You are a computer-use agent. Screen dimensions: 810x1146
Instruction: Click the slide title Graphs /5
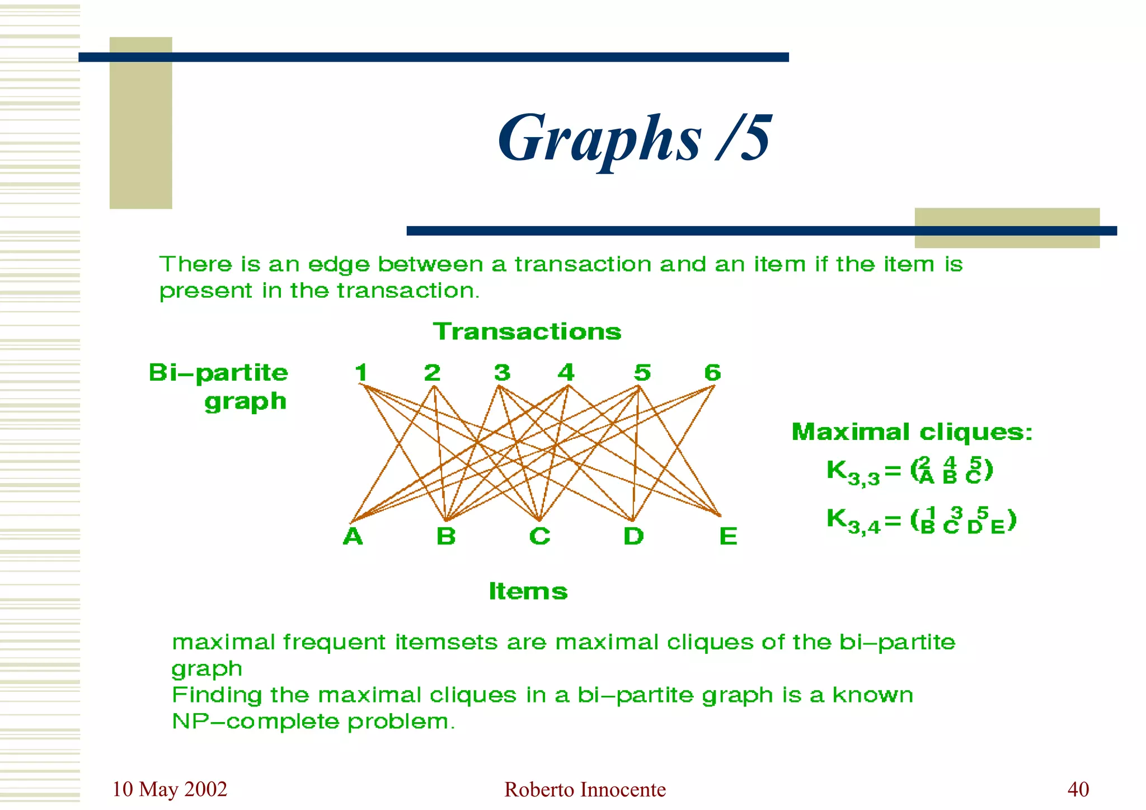click(x=635, y=138)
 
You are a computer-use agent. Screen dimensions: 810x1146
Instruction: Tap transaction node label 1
click(x=361, y=373)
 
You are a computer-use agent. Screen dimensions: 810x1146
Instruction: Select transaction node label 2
click(x=432, y=373)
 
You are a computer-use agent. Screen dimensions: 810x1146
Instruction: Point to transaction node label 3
click(x=502, y=373)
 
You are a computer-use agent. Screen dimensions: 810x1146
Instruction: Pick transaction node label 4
click(x=566, y=373)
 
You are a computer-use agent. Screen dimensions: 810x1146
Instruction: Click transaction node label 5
click(x=642, y=373)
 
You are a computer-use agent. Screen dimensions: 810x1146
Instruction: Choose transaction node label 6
click(x=712, y=373)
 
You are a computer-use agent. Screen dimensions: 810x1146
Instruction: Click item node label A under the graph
click(x=353, y=536)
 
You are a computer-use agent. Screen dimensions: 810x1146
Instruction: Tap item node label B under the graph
click(x=446, y=536)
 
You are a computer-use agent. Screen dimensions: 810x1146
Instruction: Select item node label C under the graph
click(x=539, y=536)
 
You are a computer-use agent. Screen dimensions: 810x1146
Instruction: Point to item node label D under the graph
click(x=633, y=536)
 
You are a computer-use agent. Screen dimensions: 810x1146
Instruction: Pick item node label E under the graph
click(x=728, y=536)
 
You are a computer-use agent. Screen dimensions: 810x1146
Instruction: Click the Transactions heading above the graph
click(x=527, y=332)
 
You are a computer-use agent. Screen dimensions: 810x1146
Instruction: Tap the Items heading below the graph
click(x=528, y=591)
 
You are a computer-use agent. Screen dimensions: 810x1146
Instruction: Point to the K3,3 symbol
click(x=852, y=472)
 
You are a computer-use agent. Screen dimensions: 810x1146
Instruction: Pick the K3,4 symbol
click(x=852, y=521)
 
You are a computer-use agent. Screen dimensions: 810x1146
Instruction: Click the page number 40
click(x=1078, y=789)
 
